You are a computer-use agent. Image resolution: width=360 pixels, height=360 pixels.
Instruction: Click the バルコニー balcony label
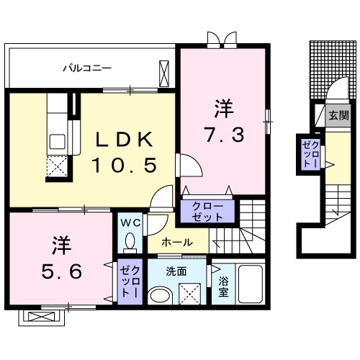coord(86,69)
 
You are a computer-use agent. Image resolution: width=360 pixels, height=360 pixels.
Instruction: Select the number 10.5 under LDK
coord(124,166)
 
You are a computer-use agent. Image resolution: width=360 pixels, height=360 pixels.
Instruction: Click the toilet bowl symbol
coord(130,240)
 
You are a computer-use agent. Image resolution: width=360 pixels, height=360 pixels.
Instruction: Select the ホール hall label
coord(176,243)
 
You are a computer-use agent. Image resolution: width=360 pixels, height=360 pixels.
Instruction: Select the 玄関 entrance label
coord(338,114)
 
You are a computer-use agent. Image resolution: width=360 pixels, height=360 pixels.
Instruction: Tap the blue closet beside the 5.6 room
coord(130,282)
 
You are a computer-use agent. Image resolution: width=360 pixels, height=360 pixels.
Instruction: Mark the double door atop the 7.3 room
coord(220,39)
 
